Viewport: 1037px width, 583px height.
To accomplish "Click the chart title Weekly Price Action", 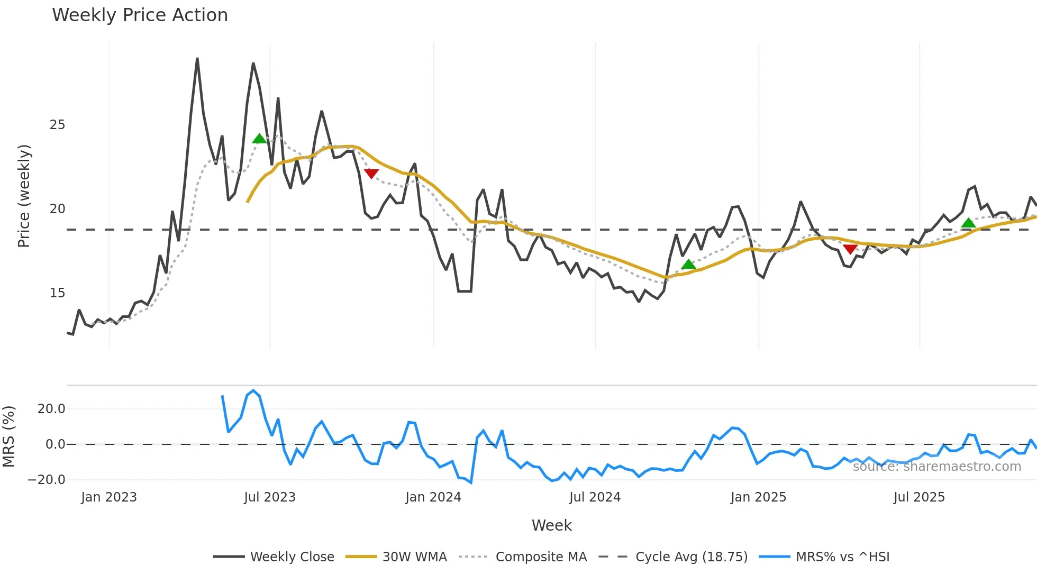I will tap(140, 15).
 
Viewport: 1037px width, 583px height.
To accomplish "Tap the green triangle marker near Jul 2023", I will tap(259, 139).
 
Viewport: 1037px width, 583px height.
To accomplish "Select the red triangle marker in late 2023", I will tap(371, 174).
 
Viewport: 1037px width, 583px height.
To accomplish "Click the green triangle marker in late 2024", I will tap(688, 265).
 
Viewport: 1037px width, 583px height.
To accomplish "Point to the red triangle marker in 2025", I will tap(850, 249).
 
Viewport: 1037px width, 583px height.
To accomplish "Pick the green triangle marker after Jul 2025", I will tap(968, 223).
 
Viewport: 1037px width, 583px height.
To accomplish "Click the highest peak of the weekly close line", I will tap(197, 59).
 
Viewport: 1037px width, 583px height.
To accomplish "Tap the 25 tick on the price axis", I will tap(57, 125).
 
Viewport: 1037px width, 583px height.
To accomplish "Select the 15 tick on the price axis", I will tap(57, 293).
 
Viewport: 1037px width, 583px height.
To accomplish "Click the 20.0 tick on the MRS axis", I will tap(51, 409).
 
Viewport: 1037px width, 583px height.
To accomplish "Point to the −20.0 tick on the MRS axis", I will tap(47, 480).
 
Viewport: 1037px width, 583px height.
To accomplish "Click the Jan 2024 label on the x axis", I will tap(433, 497).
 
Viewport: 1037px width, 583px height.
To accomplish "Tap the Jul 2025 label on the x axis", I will tap(919, 497).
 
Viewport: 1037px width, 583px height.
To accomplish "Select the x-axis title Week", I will tap(551, 525).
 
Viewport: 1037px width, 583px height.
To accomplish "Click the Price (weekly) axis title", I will tap(24, 196).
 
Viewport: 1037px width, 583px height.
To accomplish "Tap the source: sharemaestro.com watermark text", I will tap(936, 467).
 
